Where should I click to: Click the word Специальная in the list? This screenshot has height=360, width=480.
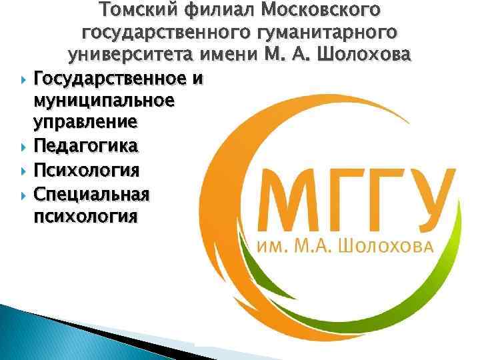pos(91,193)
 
